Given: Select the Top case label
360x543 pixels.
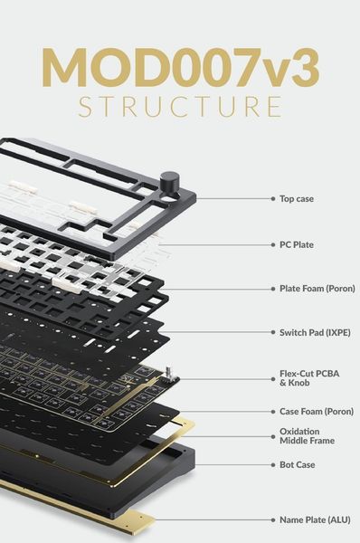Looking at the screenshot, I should (x=296, y=197).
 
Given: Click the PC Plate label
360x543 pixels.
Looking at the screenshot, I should (x=296, y=244).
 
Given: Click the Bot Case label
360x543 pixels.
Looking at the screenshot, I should (x=296, y=464).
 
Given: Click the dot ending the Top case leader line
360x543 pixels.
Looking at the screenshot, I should (x=271, y=197).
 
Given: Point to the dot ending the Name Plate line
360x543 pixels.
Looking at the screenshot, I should (x=271, y=519).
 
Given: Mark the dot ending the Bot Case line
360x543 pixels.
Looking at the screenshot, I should (x=271, y=464).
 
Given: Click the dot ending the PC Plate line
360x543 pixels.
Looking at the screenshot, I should (x=271, y=244).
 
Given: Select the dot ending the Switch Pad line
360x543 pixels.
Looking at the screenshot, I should (x=271, y=332).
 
